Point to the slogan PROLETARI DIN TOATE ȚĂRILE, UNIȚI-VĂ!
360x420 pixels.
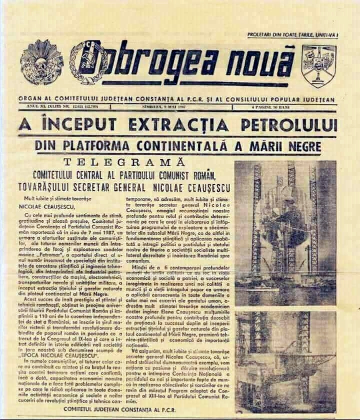[292, 34]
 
